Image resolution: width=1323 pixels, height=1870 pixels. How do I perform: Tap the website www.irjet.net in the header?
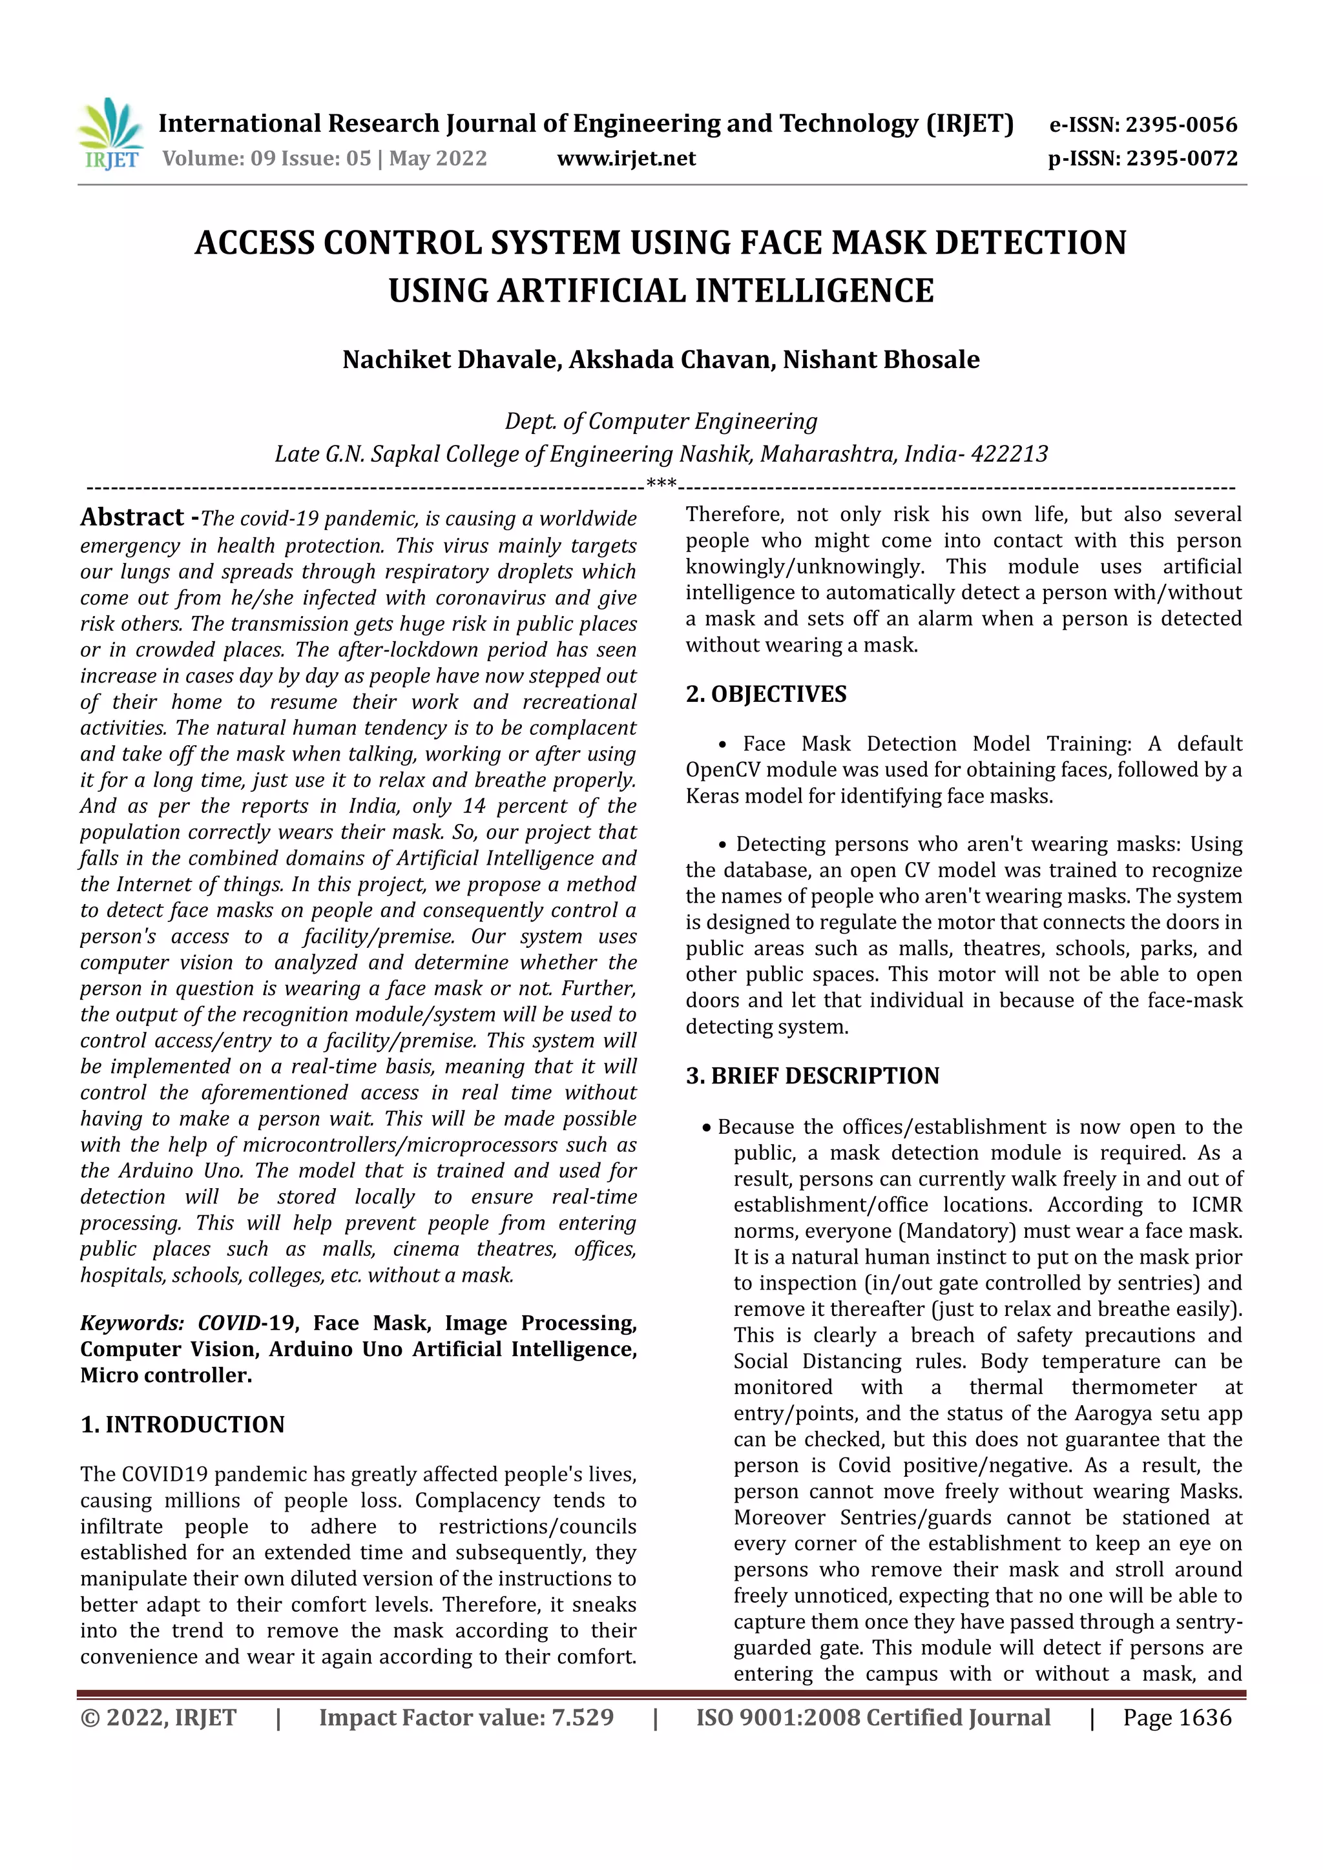click(626, 158)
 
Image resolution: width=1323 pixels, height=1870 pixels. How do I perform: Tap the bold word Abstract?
click(132, 517)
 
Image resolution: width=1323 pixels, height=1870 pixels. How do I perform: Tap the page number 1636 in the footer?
click(1205, 1718)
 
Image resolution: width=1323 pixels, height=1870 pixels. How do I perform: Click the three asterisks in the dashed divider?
click(661, 484)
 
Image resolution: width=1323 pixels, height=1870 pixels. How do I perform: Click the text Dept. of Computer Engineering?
click(661, 421)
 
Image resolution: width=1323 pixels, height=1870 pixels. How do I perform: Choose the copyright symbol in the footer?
click(90, 1718)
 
